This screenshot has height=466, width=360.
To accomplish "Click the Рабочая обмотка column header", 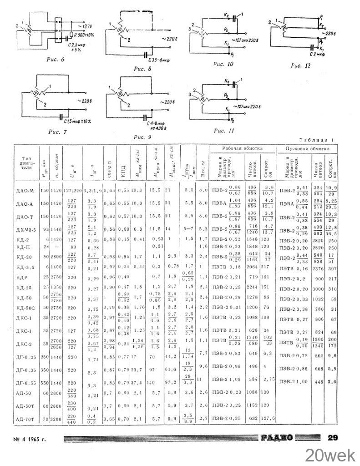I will [243, 149].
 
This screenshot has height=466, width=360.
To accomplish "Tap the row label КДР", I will [20, 277].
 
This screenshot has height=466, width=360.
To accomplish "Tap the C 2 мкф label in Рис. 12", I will [314, 54].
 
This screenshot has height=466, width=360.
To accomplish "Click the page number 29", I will [333, 438].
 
